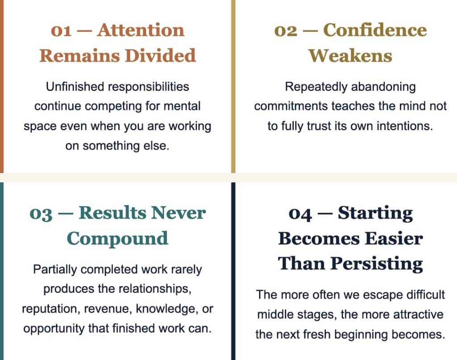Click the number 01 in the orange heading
61,30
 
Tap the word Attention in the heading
141,30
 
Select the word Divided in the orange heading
160,55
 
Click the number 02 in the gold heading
286,31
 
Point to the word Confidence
375,30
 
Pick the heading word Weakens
350,55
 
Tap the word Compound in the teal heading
117,239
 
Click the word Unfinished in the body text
75,87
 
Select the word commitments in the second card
291,106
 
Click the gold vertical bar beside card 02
233,86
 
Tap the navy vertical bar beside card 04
233,271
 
